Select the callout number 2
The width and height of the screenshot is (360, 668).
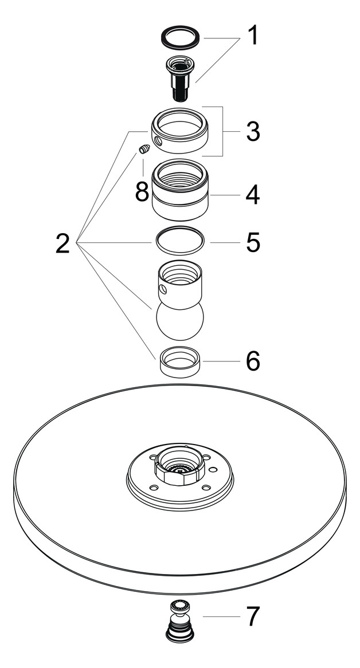(62, 243)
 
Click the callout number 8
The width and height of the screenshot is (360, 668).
(142, 191)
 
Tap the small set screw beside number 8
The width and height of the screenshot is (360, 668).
(144, 150)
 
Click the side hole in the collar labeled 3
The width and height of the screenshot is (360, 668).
(158, 140)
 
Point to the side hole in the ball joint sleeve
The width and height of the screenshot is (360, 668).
(163, 288)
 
